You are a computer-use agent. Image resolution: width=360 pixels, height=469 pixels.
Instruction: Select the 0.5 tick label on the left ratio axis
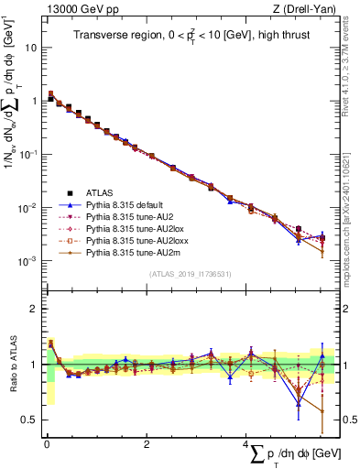coord(27,420)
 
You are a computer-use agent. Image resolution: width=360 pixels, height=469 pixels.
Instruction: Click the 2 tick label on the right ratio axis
coord(348,309)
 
